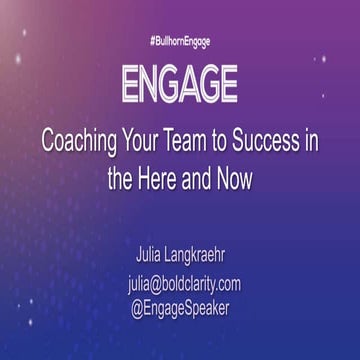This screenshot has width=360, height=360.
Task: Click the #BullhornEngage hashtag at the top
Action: click(x=180, y=41)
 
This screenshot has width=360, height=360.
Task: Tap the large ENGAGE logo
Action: click(x=180, y=85)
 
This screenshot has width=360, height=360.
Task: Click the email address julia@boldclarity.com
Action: click(x=183, y=284)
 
